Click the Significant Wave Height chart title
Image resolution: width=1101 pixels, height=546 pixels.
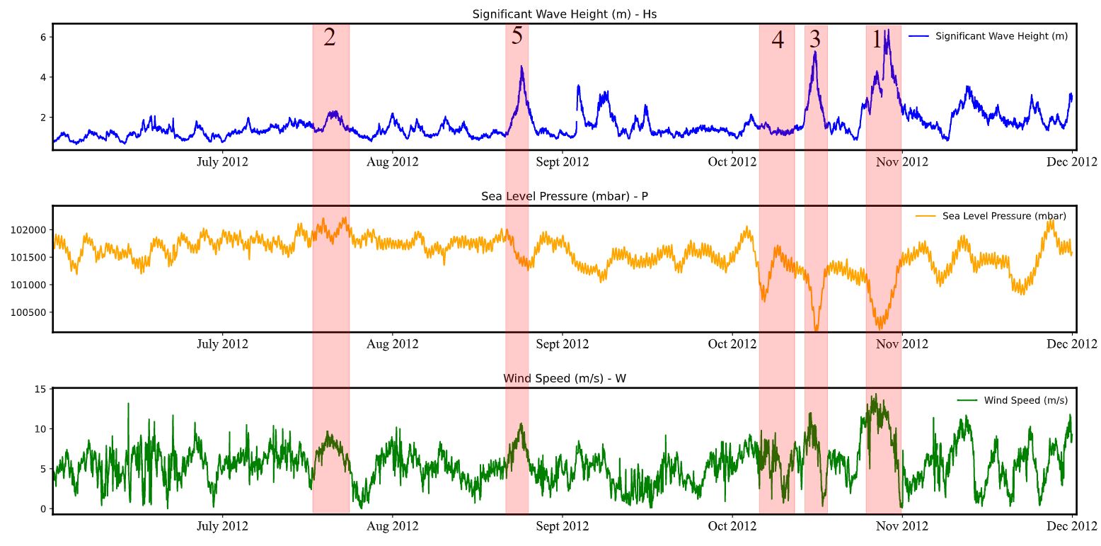point(564,13)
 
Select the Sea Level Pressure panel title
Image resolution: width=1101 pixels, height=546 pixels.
point(564,196)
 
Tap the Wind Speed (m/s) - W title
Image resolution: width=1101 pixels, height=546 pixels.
point(564,378)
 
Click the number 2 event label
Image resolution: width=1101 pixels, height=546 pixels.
point(330,38)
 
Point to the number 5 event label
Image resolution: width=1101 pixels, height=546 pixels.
point(517,36)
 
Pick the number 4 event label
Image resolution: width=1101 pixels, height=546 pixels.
point(778,40)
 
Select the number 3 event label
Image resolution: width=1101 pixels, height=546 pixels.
point(815,39)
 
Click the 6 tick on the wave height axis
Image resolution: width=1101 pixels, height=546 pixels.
point(42,37)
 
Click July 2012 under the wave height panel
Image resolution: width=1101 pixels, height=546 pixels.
point(222,162)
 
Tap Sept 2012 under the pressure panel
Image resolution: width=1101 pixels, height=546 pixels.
point(563,344)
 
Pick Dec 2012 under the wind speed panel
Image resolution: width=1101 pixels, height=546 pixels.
point(1072,526)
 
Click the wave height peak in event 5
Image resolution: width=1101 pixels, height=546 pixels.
point(521,67)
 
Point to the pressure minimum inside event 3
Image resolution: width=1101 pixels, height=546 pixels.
point(816,329)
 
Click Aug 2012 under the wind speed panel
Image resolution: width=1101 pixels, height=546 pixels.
point(393,526)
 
